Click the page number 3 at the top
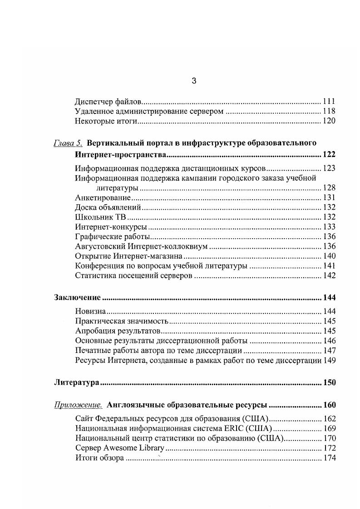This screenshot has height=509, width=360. (194, 81)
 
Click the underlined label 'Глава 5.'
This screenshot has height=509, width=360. (68, 143)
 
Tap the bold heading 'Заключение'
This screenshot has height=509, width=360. (77, 298)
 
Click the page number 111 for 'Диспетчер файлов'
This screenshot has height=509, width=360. (329, 101)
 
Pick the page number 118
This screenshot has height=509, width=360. (329, 111)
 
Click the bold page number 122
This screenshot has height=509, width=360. (329, 156)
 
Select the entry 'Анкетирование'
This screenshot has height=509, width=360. (103, 197)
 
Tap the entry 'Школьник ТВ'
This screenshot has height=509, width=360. (100, 217)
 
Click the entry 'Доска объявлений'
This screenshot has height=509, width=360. (108, 207)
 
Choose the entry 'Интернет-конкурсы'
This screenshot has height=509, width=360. (111, 227)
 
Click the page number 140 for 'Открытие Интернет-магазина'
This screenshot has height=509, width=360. (329, 256)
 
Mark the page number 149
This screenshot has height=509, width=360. (329, 361)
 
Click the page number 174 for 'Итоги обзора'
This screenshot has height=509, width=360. (329, 458)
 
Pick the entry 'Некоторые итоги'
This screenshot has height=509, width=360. (106, 121)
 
